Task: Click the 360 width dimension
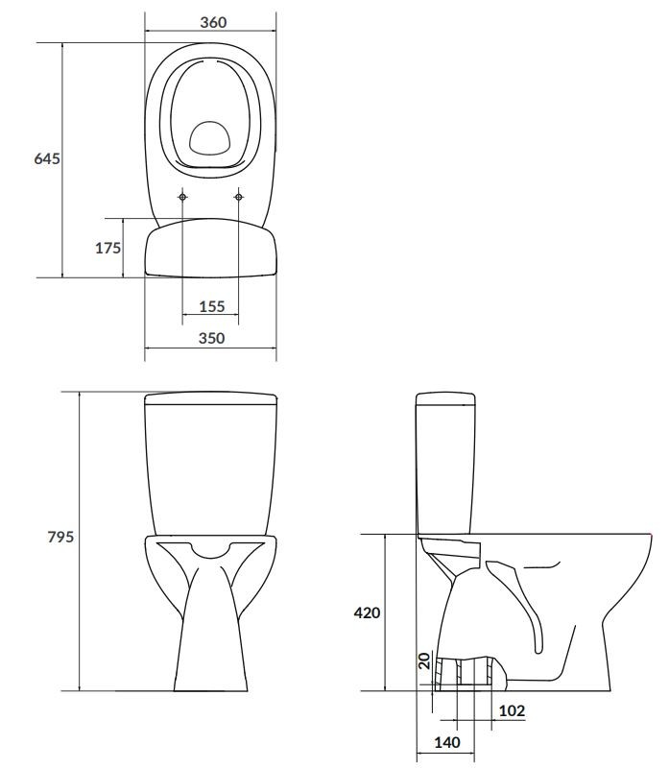(213, 22)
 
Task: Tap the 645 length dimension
(47, 158)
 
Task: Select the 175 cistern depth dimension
(108, 249)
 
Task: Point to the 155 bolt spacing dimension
(211, 306)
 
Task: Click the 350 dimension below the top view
(211, 338)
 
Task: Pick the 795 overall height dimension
(60, 537)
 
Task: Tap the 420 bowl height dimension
(367, 612)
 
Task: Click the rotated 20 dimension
(424, 660)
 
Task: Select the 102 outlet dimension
(512, 710)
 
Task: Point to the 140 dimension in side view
(447, 742)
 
